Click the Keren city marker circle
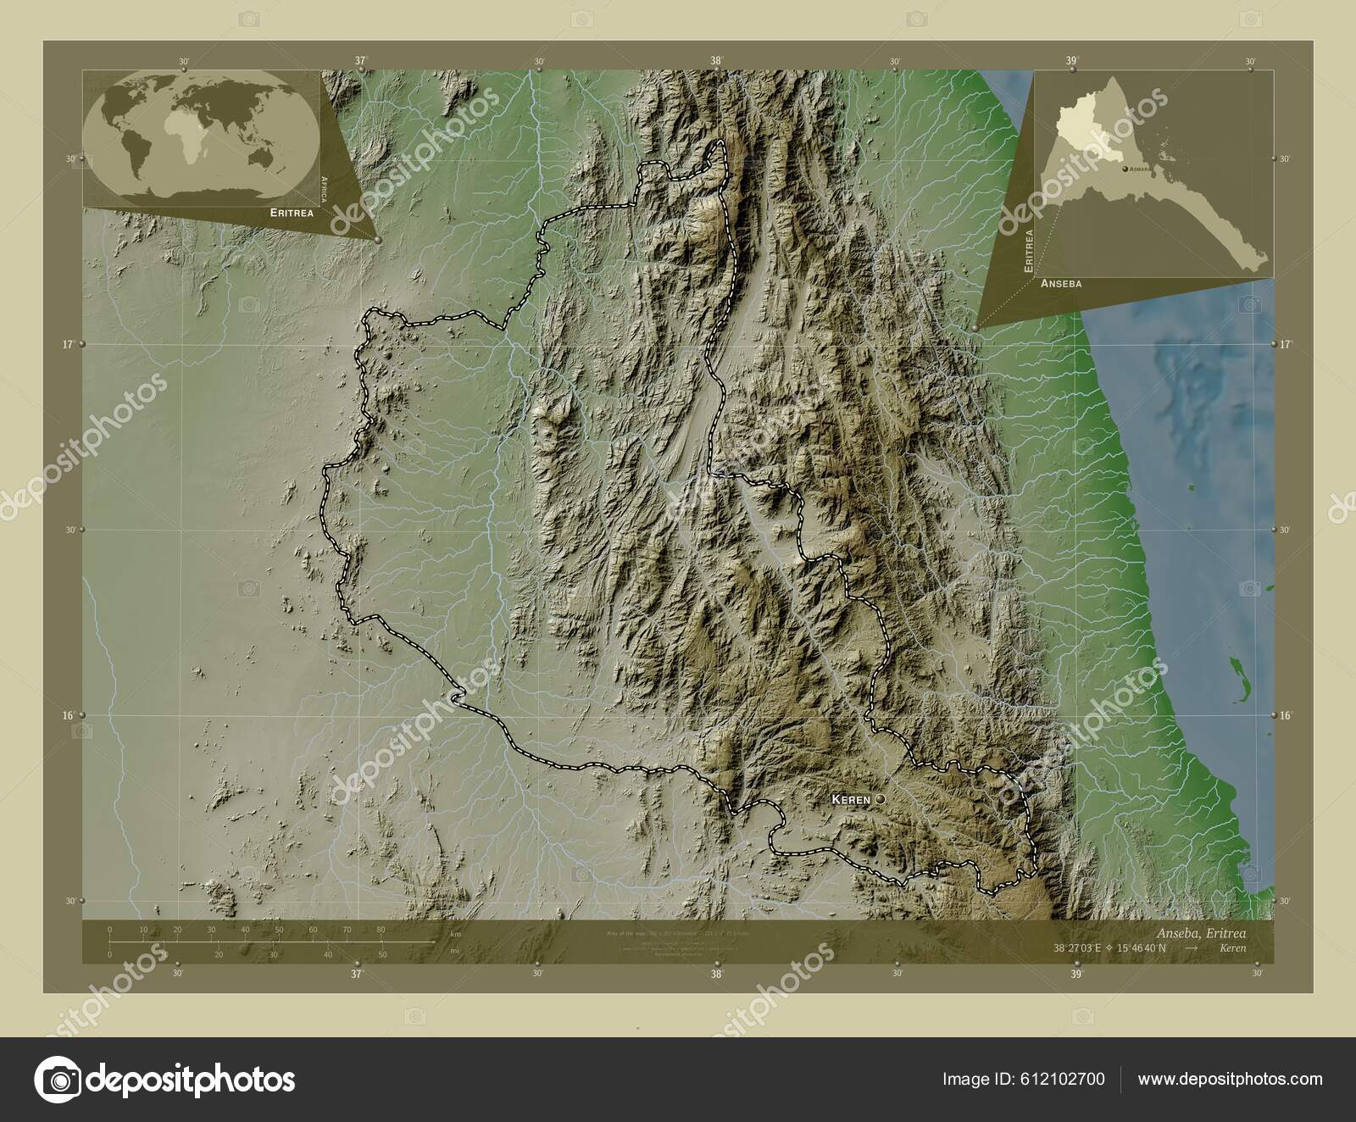point(880,799)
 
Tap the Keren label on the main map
point(851,799)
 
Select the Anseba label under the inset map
point(1061,284)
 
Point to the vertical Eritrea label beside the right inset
point(1029,249)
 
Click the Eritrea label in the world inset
point(292,213)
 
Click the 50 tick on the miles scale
point(382,955)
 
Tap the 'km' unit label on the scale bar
point(456,934)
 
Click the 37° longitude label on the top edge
point(362,60)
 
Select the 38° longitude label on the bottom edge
point(717,975)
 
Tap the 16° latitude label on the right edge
point(1286,715)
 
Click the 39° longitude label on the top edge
point(1072,60)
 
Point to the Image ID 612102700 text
point(1024,1079)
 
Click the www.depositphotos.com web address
point(1230,1079)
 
